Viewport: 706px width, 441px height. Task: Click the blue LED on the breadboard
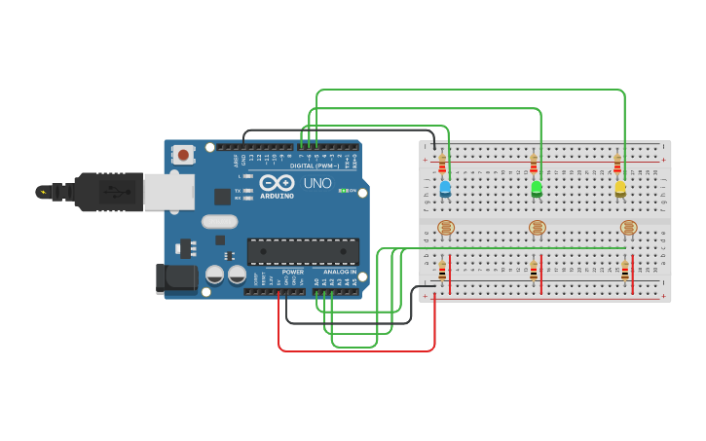pyautogui.click(x=445, y=187)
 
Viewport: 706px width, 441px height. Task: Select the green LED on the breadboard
pyautogui.click(x=537, y=188)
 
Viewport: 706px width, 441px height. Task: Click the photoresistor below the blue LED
pyautogui.click(x=446, y=228)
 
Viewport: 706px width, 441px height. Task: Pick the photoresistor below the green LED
pyautogui.click(x=538, y=228)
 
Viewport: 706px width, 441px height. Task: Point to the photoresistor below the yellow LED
pyautogui.click(x=629, y=228)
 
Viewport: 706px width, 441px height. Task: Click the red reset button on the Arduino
pyautogui.click(x=182, y=154)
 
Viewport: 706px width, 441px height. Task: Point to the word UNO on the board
pyautogui.click(x=318, y=183)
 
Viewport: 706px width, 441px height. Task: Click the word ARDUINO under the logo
pyautogui.click(x=277, y=195)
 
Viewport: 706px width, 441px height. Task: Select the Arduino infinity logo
pyautogui.click(x=277, y=182)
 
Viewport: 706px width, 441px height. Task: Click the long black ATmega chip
pyautogui.click(x=303, y=251)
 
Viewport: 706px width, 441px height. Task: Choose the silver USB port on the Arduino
pyautogui.click(x=168, y=192)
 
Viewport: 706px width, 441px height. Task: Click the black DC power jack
pyautogui.click(x=177, y=277)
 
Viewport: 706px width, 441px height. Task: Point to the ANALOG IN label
pyautogui.click(x=341, y=272)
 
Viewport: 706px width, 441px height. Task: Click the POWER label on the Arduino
pyautogui.click(x=293, y=272)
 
